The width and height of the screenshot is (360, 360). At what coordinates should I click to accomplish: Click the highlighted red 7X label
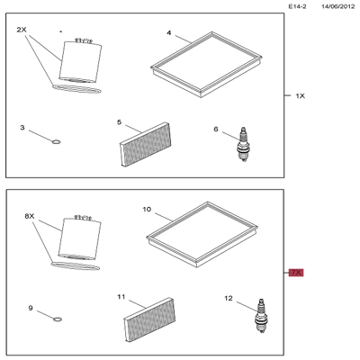(296, 273)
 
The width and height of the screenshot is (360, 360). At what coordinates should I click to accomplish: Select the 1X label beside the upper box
(301, 96)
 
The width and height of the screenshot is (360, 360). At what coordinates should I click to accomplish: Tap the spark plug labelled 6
(243, 144)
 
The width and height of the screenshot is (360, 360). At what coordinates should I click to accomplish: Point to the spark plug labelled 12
(261, 316)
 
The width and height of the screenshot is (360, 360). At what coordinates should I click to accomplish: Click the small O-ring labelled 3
(56, 141)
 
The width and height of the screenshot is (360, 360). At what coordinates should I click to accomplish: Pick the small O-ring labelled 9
(58, 319)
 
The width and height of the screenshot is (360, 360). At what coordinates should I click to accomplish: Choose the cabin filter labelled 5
(146, 144)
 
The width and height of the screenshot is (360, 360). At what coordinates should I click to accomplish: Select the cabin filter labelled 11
(149, 319)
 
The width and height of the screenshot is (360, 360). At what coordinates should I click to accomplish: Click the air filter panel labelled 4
(206, 64)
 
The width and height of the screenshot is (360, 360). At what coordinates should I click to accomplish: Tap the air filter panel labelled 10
(202, 234)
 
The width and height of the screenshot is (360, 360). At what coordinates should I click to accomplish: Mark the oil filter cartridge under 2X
(80, 60)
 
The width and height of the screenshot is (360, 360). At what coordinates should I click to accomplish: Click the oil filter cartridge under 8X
(80, 238)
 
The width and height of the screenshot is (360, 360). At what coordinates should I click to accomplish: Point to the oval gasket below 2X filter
(76, 89)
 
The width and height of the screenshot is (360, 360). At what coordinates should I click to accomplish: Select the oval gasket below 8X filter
(76, 265)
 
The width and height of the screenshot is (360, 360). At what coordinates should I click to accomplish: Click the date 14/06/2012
(338, 6)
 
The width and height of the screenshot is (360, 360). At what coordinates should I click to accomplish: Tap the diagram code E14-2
(297, 6)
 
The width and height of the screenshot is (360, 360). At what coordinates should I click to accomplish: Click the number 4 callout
(169, 32)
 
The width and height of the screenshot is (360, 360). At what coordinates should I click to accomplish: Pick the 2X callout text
(22, 30)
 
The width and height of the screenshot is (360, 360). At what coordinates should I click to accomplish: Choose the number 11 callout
(121, 297)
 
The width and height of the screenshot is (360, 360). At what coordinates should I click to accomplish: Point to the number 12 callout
(229, 298)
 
